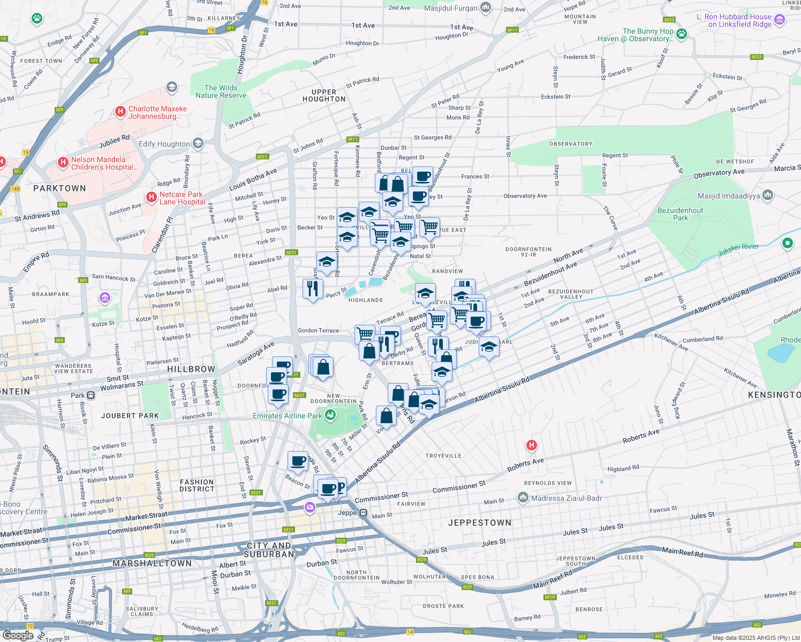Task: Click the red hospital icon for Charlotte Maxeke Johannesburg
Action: pyautogui.click(x=120, y=112)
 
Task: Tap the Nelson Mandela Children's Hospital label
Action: pyautogui.click(x=98, y=163)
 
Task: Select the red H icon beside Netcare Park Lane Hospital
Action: pyautogui.click(x=152, y=198)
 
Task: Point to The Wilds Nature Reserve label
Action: pyautogui.click(x=221, y=91)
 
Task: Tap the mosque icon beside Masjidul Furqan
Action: pyautogui.click(x=486, y=7)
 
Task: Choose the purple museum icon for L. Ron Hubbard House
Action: pyautogui.click(x=780, y=20)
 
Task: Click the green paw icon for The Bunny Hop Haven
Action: pyautogui.click(x=681, y=35)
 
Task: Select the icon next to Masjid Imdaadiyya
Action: pyautogui.click(x=768, y=195)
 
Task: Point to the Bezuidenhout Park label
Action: pyautogui.click(x=680, y=214)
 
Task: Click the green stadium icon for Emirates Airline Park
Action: pyautogui.click(x=330, y=415)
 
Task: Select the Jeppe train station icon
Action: pyautogui.click(x=363, y=513)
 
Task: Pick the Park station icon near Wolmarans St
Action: pyautogui.click(x=91, y=395)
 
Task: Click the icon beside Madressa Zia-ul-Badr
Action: pyautogui.click(x=523, y=498)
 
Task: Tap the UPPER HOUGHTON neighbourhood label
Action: pyautogui.click(x=324, y=95)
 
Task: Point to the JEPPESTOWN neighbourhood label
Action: pyautogui.click(x=479, y=523)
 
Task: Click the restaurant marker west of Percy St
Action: pyautogui.click(x=313, y=289)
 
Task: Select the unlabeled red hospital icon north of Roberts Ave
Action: pyautogui.click(x=531, y=445)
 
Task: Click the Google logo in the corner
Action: pyautogui.click(x=18, y=636)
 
